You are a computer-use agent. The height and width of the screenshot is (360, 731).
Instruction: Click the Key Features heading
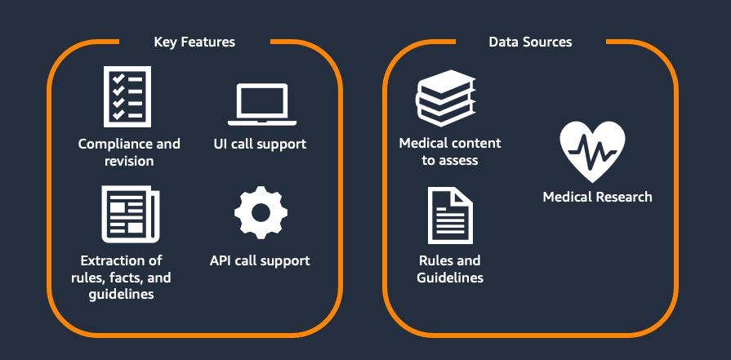(194, 42)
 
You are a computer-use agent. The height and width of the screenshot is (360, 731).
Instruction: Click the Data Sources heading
(530, 42)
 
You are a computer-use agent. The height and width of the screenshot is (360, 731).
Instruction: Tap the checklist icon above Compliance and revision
(128, 98)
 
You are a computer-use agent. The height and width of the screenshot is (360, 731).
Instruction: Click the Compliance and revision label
(129, 153)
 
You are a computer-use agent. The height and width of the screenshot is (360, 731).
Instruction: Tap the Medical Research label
(597, 197)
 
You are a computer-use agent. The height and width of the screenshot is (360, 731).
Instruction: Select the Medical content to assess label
(450, 152)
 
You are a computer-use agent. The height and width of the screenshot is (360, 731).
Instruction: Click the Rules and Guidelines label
(450, 269)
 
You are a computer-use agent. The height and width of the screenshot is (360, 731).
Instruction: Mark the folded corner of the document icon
(463, 197)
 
